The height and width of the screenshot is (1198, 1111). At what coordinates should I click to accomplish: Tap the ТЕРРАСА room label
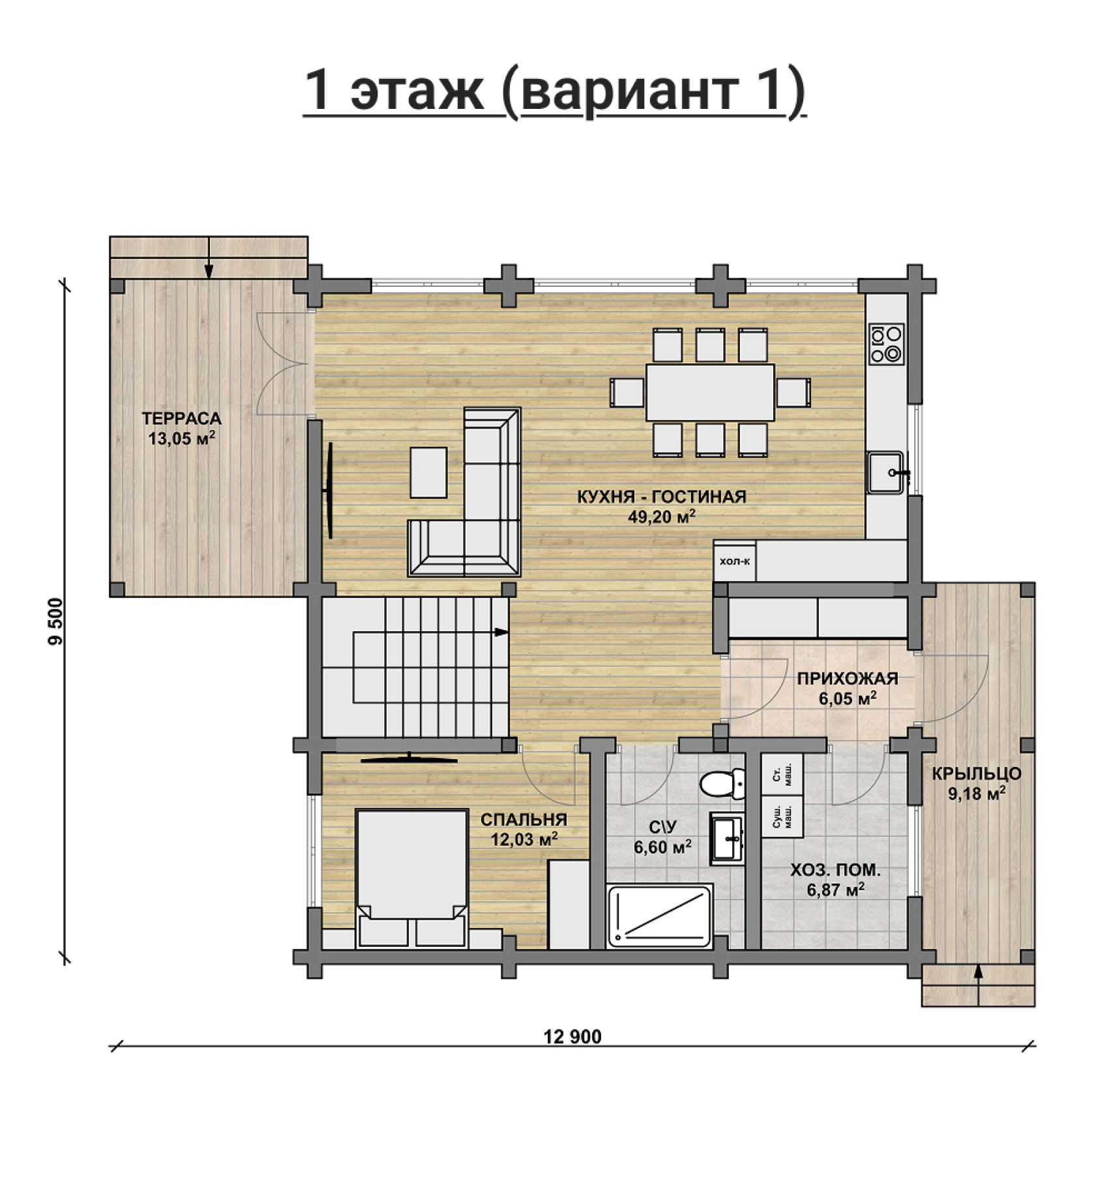pos(182,419)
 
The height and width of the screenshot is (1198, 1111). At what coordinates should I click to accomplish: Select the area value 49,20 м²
pos(661,517)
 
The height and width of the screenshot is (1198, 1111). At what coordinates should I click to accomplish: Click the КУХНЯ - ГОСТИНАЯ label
pos(661,497)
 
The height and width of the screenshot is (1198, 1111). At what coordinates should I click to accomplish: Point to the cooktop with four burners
pos(887,344)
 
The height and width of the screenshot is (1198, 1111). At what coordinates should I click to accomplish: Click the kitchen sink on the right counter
pos(886,472)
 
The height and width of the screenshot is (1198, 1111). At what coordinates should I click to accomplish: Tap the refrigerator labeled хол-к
pos(735,560)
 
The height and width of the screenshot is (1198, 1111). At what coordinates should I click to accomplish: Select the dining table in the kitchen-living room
pos(710,392)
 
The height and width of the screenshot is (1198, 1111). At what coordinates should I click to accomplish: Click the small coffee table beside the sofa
pos(428,472)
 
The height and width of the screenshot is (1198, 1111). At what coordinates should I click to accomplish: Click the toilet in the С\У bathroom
pos(722,783)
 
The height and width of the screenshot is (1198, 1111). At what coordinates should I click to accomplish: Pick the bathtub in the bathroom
pos(659,915)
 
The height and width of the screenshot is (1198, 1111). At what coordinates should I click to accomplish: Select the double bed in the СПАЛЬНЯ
pos(412,878)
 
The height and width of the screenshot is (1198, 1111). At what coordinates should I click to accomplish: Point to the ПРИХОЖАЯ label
pos(848,679)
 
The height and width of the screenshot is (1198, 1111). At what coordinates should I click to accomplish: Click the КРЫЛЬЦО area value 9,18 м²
pos(976,794)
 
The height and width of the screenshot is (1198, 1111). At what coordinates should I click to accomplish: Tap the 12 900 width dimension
pos(572,1037)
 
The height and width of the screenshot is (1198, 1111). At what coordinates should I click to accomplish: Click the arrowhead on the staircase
pos(501,632)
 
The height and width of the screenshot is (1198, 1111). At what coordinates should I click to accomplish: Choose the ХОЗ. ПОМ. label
pos(836,870)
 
